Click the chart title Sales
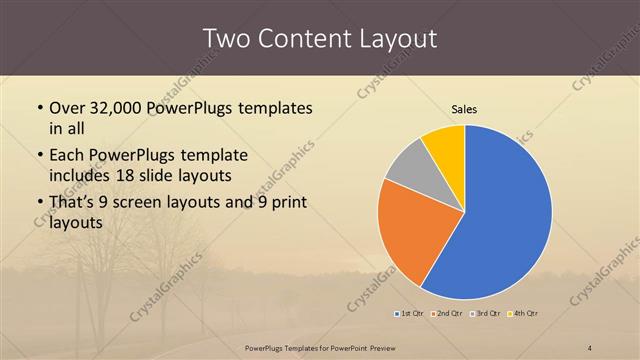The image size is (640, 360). point(464,108)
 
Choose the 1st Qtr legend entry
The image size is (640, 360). point(410,315)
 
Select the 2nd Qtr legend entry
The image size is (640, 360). point(447,315)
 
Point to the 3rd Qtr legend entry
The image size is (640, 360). point(485,315)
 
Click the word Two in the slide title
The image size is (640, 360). point(226,38)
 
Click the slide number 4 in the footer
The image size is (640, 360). point(590,348)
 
